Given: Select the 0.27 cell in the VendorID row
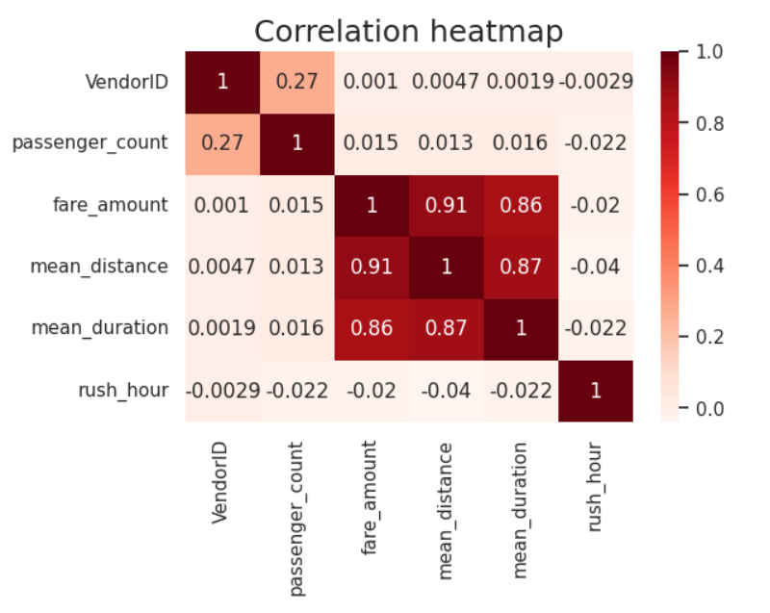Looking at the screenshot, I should [x=296, y=81].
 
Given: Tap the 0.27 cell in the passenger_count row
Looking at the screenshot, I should [x=222, y=142].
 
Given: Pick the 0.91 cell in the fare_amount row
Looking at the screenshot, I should [x=446, y=205].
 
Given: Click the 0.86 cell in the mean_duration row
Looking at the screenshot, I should [x=372, y=328].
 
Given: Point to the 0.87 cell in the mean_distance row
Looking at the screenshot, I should [x=521, y=267].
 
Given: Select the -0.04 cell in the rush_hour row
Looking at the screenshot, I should [x=446, y=391].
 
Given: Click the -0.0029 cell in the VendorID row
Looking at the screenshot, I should [x=596, y=81].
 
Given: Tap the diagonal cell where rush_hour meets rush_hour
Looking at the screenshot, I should [x=596, y=391].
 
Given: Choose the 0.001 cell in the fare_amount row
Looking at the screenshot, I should [x=222, y=205].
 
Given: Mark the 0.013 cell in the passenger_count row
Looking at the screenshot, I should [x=446, y=142].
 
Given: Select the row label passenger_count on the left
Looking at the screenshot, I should [x=90, y=142].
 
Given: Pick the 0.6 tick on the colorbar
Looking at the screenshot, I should [x=700, y=194].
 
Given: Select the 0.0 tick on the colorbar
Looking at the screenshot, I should [x=700, y=408].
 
